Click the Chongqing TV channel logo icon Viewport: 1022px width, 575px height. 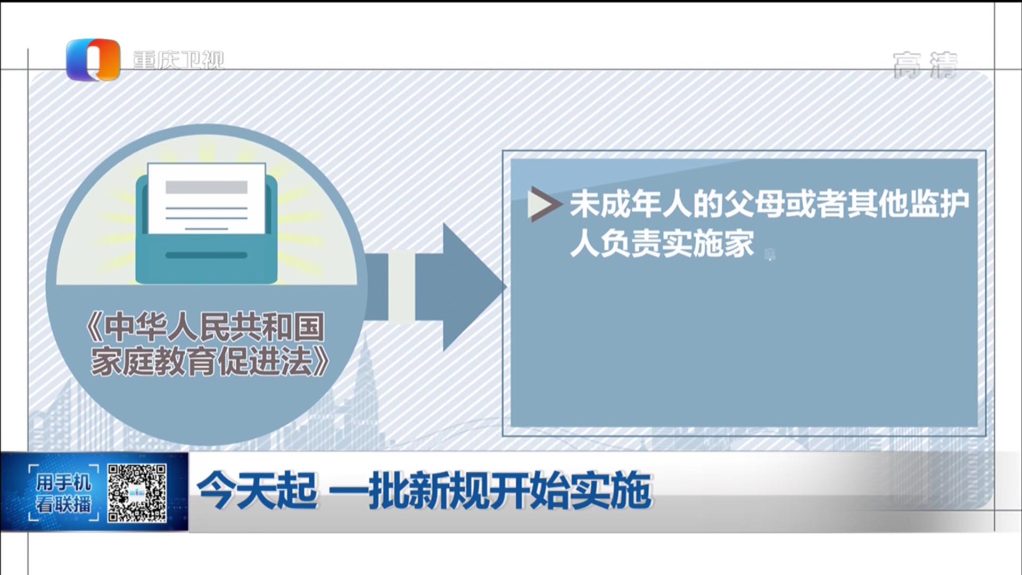[x=93, y=60]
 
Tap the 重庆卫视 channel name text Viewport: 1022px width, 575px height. [x=178, y=60]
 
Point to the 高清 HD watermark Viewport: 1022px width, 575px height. [x=925, y=65]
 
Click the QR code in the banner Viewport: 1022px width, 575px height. [x=137, y=492]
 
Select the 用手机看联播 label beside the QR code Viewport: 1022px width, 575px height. [x=63, y=493]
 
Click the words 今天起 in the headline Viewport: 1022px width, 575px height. [x=258, y=490]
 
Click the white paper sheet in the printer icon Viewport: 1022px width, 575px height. [x=207, y=199]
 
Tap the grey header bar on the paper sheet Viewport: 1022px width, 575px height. [x=207, y=187]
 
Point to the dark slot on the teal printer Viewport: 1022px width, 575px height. [x=207, y=255]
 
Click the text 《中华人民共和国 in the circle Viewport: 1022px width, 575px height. [x=204, y=326]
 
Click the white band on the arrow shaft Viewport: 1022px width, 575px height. [x=402, y=287]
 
